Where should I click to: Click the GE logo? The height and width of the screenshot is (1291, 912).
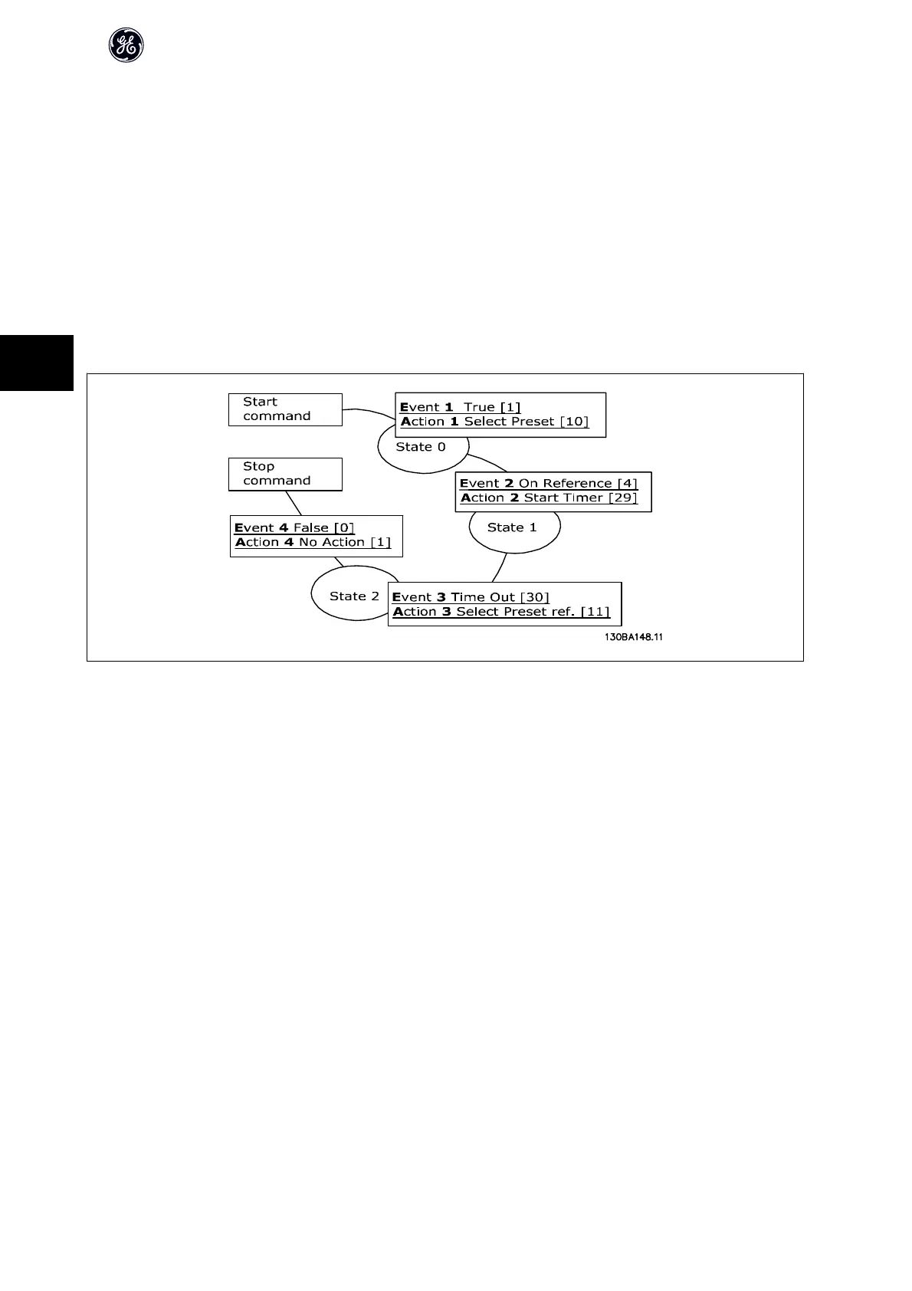[x=126, y=46]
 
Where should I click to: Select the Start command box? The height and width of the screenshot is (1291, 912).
[x=284, y=409]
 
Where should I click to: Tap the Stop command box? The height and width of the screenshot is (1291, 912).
[x=284, y=474]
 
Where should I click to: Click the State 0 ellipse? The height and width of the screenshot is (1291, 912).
[x=421, y=451]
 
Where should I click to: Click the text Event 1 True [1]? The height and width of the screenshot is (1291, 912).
[x=460, y=407]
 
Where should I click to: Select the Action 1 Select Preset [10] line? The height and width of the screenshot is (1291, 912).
[x=494, y=422]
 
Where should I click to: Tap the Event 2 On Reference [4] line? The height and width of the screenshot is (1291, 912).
[x=548, y=484]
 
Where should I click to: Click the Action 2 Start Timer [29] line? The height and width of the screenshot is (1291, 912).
[x=549, y=498]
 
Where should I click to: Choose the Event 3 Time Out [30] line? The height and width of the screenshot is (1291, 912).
[x=471, y=597]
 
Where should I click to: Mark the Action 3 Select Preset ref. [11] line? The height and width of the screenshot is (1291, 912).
[x=501, y=612]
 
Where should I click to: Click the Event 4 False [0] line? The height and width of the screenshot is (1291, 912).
[x=294, y=527]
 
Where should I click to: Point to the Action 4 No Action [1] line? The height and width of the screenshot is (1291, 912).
[x=313, y=542]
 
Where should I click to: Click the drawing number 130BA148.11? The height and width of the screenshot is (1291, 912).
[x=632, y=637]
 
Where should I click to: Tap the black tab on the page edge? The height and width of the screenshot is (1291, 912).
[x=36, y=363]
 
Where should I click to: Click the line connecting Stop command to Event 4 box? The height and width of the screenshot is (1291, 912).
[x=294, y=504]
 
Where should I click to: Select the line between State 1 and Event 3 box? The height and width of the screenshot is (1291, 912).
[x=499, y=568]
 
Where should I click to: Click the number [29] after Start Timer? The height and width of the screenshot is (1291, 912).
[x=622, y=498]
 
